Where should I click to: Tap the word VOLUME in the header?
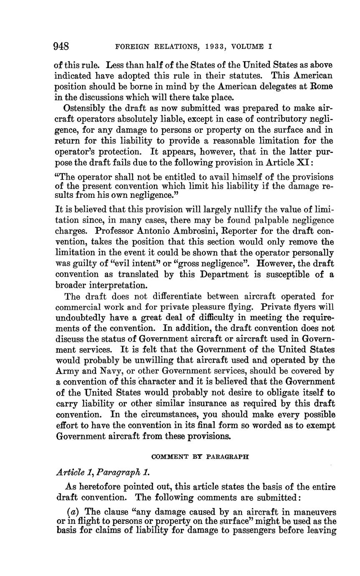tap(249, 47)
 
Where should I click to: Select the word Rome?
tap(324, 87)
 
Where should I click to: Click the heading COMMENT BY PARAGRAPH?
tap(200, 457)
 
